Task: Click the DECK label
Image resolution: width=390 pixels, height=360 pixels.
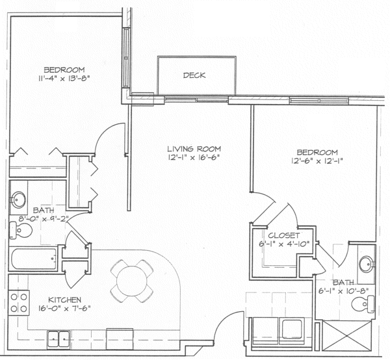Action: (x=194, y=75)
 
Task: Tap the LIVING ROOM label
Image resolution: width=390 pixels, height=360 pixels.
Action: (x=194, y=149)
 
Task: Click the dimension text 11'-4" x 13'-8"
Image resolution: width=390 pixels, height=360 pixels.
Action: (x=64, y=79)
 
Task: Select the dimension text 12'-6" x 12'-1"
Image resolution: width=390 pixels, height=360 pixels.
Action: (x=317, y=161)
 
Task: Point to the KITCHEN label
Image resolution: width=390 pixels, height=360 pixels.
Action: (x=64, y=300)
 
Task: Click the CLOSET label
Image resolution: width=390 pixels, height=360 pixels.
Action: (x=284, y=235)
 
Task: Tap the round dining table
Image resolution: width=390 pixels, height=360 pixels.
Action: (x=132, y=281)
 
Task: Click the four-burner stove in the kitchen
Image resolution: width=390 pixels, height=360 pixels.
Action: (x=19, y=303)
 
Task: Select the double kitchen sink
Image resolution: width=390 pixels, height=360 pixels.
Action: (x=58, y=339)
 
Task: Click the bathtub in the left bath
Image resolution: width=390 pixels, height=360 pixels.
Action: (x=34, y=259)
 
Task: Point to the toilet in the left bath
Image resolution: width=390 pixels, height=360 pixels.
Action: (x=21, y=231)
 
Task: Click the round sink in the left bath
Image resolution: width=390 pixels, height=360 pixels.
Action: (x=18, y=199)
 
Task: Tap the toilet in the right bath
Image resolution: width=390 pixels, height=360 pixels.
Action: (x=363, y=304)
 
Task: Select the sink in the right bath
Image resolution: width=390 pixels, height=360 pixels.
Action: (x=366, y=264)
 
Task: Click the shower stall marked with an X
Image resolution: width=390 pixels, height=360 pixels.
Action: (x=346, y=336)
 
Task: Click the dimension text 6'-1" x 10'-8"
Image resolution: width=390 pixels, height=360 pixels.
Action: (x=343, y=291)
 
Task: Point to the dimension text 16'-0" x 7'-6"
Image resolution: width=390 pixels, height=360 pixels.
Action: (x=64, y=309)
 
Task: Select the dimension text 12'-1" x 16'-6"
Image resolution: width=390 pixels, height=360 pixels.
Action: (x=194, y=158)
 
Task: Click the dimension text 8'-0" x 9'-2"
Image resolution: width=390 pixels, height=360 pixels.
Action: (x=44, y=219)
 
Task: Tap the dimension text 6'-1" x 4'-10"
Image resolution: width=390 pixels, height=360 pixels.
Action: (x=284, y=244)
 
